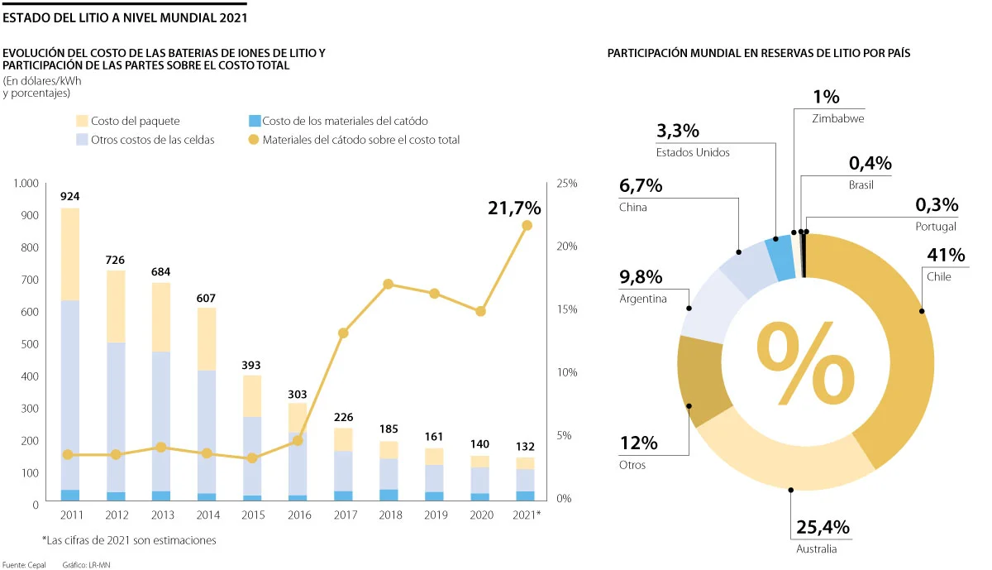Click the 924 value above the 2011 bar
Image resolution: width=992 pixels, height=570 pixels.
[x=70, y=197]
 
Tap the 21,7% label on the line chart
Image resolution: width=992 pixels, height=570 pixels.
[x=514, y=208]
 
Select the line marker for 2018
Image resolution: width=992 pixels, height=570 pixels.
[x=389, y=285]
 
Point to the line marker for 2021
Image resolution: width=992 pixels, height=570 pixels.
[x=527, y=226]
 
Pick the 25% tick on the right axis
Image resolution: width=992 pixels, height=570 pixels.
[x=566, y=183]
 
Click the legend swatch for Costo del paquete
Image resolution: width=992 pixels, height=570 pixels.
[x=82, y=121]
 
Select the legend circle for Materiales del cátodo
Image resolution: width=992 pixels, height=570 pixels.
[x=254, y=140]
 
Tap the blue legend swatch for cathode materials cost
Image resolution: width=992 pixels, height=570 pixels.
[x=254, y=121]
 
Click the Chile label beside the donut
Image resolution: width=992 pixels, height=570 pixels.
[x=938, y=276]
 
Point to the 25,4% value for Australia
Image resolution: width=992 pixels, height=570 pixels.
[x=823, y=528]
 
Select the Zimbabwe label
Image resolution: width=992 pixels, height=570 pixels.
[x=839, y=118]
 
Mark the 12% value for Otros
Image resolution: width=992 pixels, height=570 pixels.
[x=638, y=443]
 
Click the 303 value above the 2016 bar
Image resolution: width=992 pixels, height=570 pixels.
[x=296, y=395]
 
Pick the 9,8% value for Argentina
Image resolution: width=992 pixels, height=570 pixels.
[x=641, y=277]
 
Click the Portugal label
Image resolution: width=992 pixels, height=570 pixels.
[x=937, y=226]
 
